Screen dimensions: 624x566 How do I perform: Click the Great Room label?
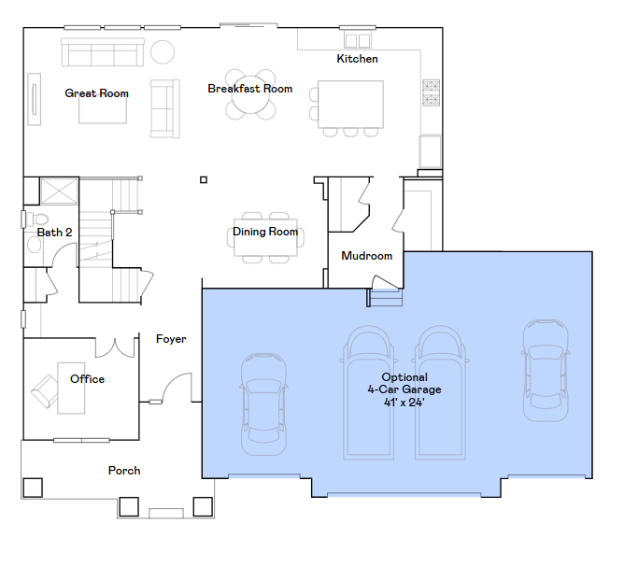pyautogui.click(x=97, y=93)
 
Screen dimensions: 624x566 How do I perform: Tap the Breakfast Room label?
pyautogui.click(x=250, y=89)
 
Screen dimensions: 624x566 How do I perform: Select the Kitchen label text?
pyautogui.click(x=357, y=59)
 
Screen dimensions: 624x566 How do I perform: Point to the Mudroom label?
pyautogui.click(x=366, y=256)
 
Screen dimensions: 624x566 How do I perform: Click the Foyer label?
pyautogui.click(x=171, y=339)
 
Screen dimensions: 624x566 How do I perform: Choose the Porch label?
pyautogui.click(x=124, y=471)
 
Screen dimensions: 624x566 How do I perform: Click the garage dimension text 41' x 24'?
pyautogui.click(x=404, y=403)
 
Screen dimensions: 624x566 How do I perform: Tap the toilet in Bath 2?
pyautogui.click(x=38, y=219)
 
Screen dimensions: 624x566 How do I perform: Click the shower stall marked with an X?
pyautogui.click(x=59, y=191)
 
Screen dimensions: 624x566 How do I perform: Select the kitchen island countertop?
pyautogui.click(x=350, y=105)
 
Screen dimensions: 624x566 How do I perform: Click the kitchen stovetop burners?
pyautogui.click(x=431, y=92)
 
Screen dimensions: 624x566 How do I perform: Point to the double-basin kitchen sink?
pyautogui.click(x=358, y=40)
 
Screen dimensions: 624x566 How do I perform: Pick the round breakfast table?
pyautogui.click(x=250, y=94)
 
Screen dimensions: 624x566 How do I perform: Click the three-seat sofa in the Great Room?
pyautogui.click(x=102, y=52)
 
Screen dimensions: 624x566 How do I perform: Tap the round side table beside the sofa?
pyautogui.click(x=163, y=52)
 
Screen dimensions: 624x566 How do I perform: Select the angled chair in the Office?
pyautogui.click(x=45, y=390)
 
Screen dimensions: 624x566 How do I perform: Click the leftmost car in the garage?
pyautogui.click(x=263, y=403)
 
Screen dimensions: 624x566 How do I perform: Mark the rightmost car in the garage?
pyautogui.click(x=546, y=370)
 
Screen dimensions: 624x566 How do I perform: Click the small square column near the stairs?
pyautogui.click(x=204, y=180)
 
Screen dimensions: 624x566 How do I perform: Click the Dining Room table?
pyautogui.click(x=265, y=237)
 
